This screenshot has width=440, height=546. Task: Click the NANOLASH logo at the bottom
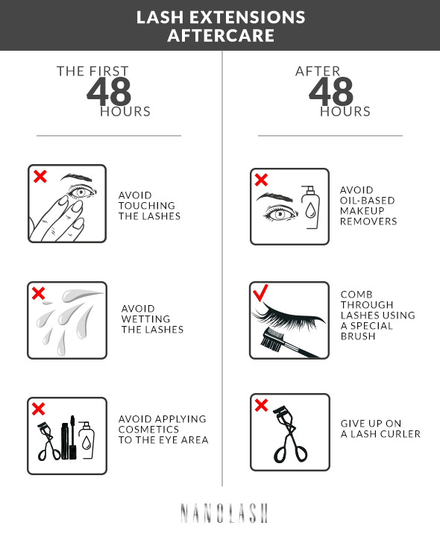pyautogui.click(x=224, y=512)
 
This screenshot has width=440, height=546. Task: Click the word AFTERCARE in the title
pyautogui.click(x=221, y=35)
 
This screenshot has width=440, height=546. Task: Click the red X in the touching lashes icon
pyautogui.click(x=40, y=177)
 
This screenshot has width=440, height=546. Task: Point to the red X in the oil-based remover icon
pyautogui.click(x=262, y=180)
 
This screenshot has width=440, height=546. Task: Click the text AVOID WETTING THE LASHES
pyautogui.click(x=152, y=318)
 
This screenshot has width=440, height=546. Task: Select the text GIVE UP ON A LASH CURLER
pyautogui.click(x=380, y=428)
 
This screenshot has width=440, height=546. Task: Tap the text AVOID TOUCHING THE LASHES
pyautogui.click(x=149, y=205)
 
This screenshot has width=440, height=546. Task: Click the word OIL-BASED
pyautogui.click(x=367, y=201)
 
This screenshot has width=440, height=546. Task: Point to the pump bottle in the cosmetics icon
pyautogui.click(x=87, y=439)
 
